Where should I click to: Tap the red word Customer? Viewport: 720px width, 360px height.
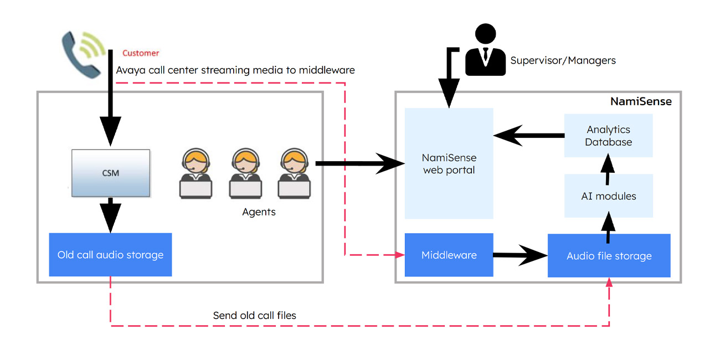click(x=141, y=53)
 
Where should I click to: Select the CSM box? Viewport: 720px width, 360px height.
click(x=111, y=173)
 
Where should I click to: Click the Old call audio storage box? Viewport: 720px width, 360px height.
click(x=110, y=255)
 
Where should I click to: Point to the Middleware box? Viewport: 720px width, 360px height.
click(x=449, y=255)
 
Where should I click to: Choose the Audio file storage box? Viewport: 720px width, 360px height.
click(x=609, y=255)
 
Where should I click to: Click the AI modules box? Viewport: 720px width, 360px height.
click(x=608, y=196)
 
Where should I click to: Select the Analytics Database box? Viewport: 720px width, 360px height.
click(x=608, y=136)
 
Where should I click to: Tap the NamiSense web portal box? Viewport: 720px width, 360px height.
click(x=449, y=164)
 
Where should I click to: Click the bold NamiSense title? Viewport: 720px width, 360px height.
click(x=641, y=101)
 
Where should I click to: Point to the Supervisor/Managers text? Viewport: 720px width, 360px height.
click(x=563, y=60)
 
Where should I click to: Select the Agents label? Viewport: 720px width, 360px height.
click(x=259, y=212)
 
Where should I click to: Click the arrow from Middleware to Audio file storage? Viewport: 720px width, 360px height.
click(x=520, y=255)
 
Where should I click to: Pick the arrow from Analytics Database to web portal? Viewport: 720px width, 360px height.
click(x=528, y=135)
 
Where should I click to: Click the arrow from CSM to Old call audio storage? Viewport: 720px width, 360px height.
click(x=111, y=215)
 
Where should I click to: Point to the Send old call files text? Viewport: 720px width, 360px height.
click(x=254, y=316)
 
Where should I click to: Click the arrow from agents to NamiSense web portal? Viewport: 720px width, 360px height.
click(x=360, y=163)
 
